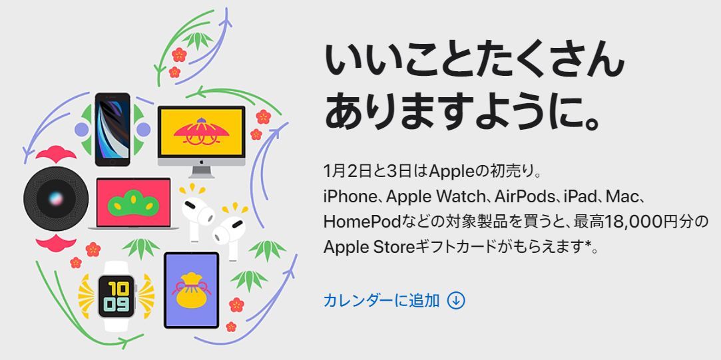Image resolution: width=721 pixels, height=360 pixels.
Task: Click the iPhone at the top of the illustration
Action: [x=113, y=129]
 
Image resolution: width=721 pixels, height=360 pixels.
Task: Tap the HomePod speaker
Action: [x=56, y=198]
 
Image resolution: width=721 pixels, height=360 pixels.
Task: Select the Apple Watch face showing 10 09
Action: [x=117, y=296]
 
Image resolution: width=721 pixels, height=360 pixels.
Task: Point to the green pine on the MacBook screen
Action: [x=133, y=203]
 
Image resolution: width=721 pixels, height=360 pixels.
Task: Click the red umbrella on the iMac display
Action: [x=201, y=131]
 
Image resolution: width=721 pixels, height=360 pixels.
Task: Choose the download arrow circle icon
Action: [x=455, y=300]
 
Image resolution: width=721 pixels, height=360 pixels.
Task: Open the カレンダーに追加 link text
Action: [x=381, y=300]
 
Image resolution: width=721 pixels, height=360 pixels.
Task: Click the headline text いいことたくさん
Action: [x=475, y=61]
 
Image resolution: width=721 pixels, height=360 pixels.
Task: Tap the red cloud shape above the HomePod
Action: [x=56, y=154]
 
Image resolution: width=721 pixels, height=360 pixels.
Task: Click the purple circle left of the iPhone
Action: [x=81, y=129]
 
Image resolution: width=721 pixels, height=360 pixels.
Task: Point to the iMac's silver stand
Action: [x=202, y=172]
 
